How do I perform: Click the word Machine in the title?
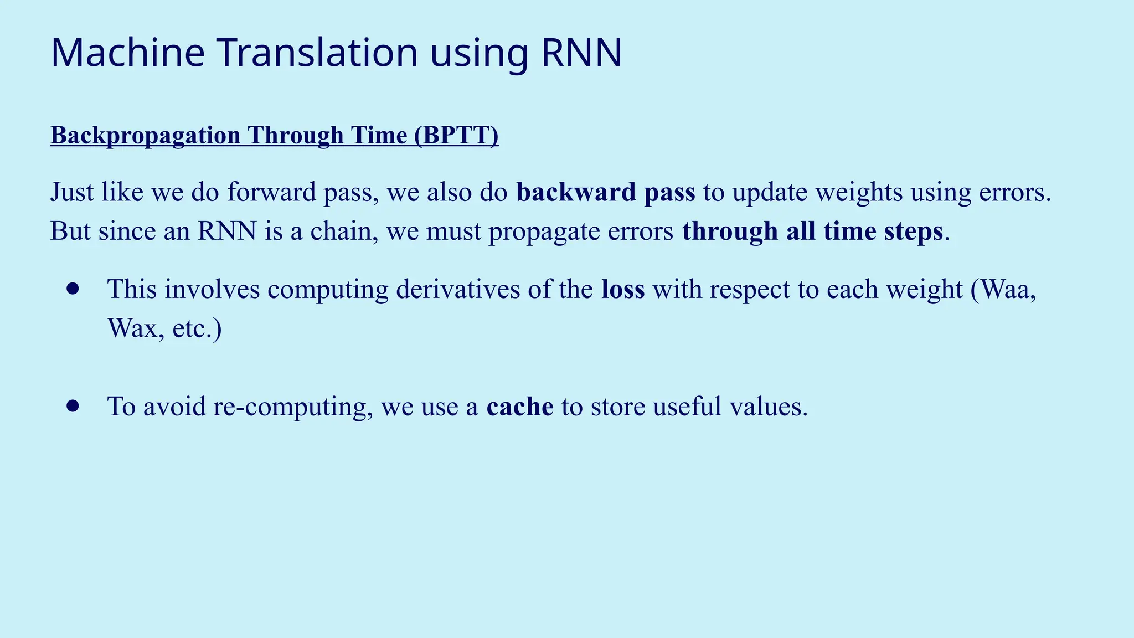click(x=127, y=53)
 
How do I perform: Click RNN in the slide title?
click(x=581, y=53)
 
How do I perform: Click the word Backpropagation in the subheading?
click(x=145, y=135)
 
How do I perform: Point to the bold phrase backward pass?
click(x=605, y=192)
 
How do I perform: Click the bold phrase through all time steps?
click(x=812, y=231)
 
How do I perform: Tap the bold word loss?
click(x=623, y=289)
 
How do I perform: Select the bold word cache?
click(x=519, y=407)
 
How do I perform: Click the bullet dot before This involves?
click(x=73, y=289)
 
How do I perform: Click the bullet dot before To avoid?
click(x=73, y=406)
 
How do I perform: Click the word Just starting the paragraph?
click(x=71, y=192)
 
